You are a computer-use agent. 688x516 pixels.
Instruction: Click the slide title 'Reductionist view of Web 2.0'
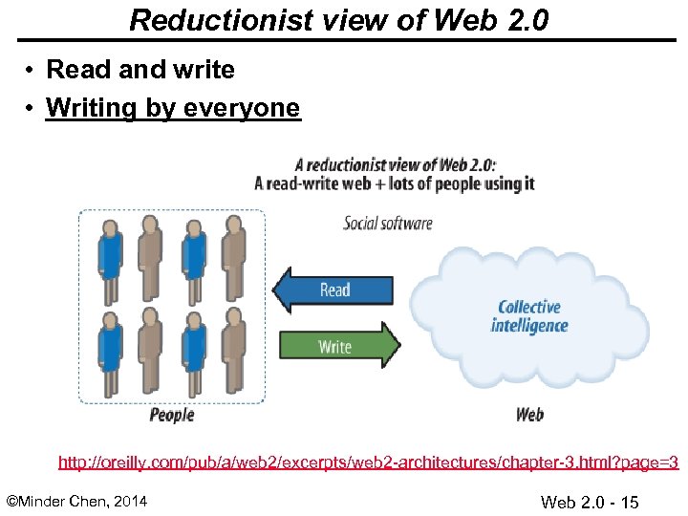click(x=338, y=19)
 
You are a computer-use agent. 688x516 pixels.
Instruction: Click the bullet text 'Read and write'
click(x=140, y=70)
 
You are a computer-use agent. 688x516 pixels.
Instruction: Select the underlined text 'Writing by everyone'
click(x=172, y=108)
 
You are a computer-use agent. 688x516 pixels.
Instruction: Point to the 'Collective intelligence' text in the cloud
click(x=529, y=316)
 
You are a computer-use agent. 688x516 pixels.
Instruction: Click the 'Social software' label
click(x=388, y=224)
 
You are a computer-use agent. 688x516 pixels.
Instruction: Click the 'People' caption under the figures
click(x=172, y=415)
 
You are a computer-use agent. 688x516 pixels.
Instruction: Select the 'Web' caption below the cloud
click(x=529, y=415)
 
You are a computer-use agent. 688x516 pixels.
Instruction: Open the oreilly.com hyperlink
click(x=368, y=463)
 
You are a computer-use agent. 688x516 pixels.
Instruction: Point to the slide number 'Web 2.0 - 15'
click(x=590, y=503)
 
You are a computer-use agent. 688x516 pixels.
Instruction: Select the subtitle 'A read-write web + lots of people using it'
click(x=395, y=183)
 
